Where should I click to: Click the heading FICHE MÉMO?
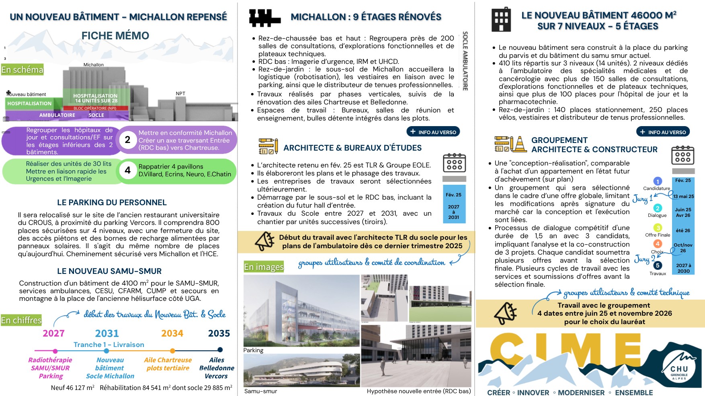pyautogui.click(x=115, y=36)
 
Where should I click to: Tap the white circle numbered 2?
pyautogui.click(x=127, y=140)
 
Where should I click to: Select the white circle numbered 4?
pyautogui.click(x=127, y=170)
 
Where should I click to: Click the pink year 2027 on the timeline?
pyautogui.click(x=53, y=333)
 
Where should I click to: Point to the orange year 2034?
pyautogui.click(x=172, y=333)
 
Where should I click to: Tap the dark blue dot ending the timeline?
pyautogui.click(x=220, y=349)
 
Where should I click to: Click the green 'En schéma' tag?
pyautogui.click(x=22, y=70)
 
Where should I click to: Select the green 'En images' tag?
pyautogui.click(x=264, y=267)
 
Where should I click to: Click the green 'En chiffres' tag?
pyautogui.click(x=21, y=320)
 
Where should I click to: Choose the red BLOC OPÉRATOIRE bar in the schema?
pyautogui.click(x=95, y=108)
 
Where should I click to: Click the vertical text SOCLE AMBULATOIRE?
pyautogui.click(x=465, y=61)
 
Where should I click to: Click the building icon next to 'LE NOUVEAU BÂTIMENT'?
pyautogui.click(x=501, y=20)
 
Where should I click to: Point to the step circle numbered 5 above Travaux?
pyautogui.click(x=658, y=265)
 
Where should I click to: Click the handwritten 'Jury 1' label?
pyautogui.click(x=642, y=198)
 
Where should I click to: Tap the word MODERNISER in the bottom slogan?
pyautogui.click(x=581, y=392)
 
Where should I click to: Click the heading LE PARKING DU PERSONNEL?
pyautogui.click(x=112, y=202)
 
